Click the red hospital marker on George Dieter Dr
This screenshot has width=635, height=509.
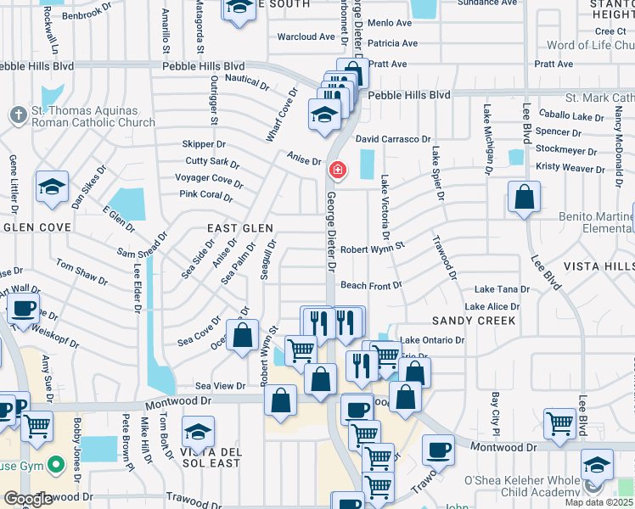[x=338, y=171]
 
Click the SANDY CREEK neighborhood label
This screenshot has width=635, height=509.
[x=473, y=321]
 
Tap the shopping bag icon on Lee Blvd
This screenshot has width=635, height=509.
[x=525, y=197]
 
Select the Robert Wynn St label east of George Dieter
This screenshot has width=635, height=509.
[x=373, y=250]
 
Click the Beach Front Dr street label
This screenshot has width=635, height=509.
[x=370, y=286]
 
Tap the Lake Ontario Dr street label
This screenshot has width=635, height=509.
[x=432, y=340]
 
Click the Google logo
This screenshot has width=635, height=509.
[x=28, y=499]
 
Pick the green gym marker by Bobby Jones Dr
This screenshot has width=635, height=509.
[x=56, y=464]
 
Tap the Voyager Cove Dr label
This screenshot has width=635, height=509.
[x=209, y=179]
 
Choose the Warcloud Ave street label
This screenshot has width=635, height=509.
[x=306, y=37]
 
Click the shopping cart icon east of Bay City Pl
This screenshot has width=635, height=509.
[x=560, y=424]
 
